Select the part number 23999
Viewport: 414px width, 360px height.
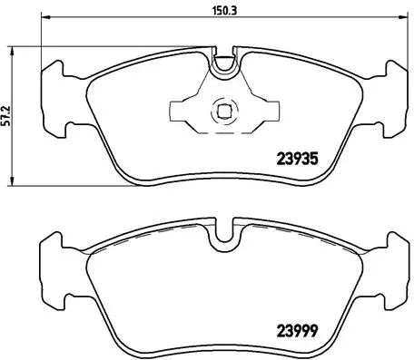[x=296, y=329]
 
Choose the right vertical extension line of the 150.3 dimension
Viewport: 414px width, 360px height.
[x=406, y=45]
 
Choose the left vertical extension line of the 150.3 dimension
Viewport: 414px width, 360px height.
[x=43, y=45]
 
